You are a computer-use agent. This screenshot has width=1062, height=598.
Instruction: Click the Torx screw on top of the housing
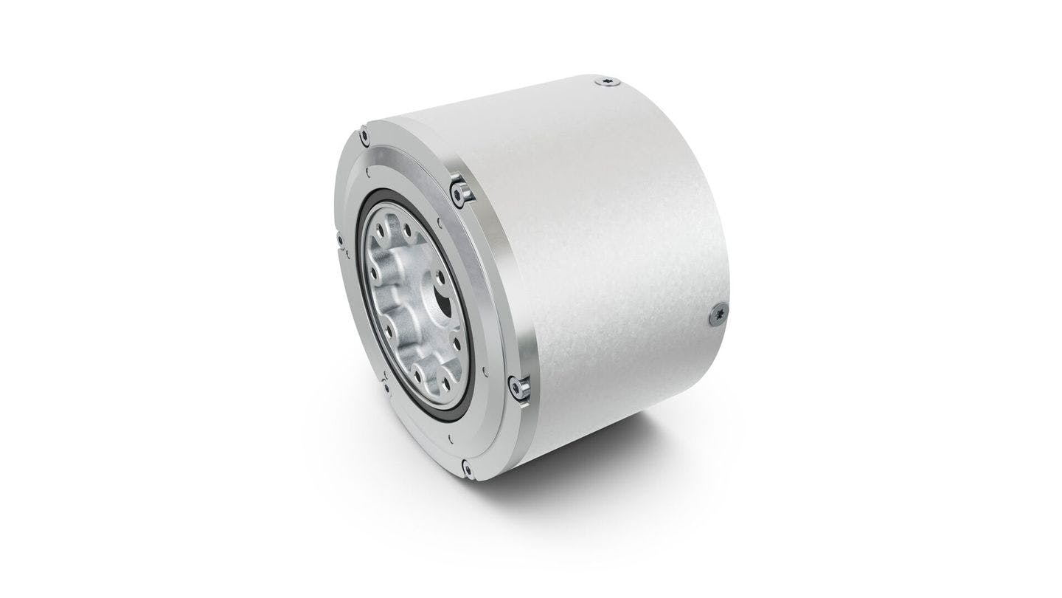[606, 82]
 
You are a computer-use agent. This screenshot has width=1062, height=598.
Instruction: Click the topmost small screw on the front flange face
[364, 135]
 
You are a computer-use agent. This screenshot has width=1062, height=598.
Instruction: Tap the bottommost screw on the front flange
[466, 467]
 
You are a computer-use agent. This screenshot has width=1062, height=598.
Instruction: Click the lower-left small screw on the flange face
[386, 384]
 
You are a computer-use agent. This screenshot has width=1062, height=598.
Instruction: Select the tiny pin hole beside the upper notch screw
[440, 219]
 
